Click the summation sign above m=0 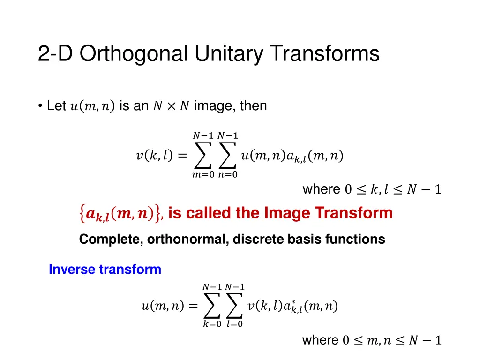(x=202, y=156)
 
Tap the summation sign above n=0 (x=228, y=156)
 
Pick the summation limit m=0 (x=203, y=175)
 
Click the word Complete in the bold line (x=111, y=239)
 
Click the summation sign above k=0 (x=212, y=306)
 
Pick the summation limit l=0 (x=235, y=324)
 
